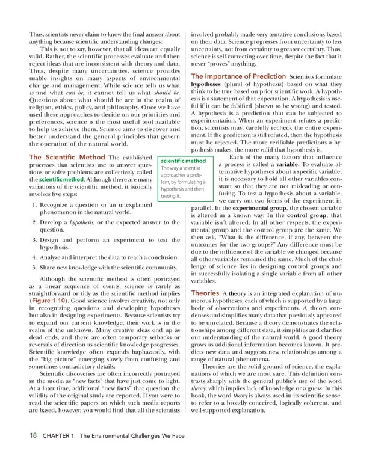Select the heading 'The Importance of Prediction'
coord(238,76)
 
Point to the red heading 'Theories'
coord(204,293)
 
